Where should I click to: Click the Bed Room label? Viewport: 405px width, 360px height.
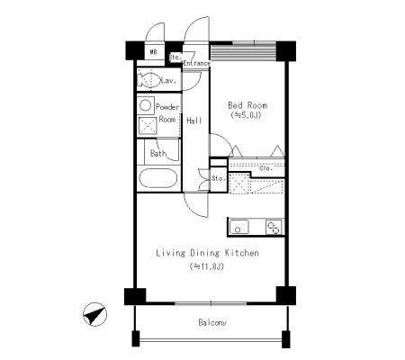247,105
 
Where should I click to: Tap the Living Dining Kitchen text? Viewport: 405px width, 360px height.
207,253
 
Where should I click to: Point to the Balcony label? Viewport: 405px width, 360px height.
212,322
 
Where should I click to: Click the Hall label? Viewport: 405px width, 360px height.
194,121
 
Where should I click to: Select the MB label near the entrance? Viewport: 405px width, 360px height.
153,52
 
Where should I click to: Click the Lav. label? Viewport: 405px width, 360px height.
168,80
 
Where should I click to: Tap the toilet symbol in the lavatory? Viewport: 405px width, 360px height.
149,79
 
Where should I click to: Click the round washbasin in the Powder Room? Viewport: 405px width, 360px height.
146,105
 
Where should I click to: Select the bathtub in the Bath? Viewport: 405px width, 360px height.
158,178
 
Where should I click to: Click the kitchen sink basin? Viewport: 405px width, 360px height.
239,227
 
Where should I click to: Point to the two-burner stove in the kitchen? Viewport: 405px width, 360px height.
274,227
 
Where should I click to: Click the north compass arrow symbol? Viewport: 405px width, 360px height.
94,314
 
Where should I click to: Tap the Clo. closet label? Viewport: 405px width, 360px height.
265,168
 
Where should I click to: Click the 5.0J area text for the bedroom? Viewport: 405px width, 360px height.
246,115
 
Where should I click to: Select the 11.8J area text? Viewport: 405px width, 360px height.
207,266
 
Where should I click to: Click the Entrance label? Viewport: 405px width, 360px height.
196,63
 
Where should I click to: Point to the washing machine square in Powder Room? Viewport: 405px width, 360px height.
148,126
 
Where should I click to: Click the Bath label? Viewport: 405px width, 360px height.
158,154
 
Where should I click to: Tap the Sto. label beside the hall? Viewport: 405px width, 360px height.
219,178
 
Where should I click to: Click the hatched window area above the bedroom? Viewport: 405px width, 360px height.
243,52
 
